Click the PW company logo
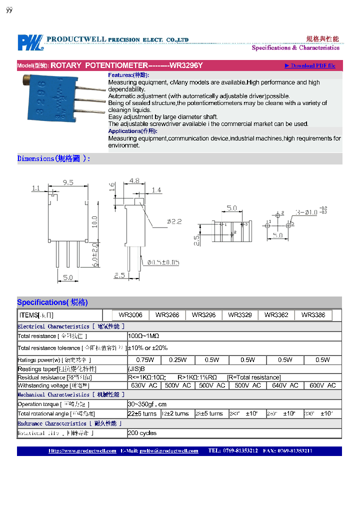pos(30,42)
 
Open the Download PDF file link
pos(310,65)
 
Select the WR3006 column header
pos(130,315)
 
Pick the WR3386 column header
pos(313,315)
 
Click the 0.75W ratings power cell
pos(145,360)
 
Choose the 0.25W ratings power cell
pos(177,360)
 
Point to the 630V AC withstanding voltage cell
pos(144,385)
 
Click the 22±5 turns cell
pos(142,413)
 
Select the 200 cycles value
pos(142,433)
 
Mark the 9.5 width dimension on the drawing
pos(68,183)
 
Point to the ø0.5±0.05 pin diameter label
pos(163,262)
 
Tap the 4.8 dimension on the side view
pos(134,180)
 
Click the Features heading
pos(128,75)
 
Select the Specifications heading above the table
pos(52,302)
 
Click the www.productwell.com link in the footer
pos(82,450)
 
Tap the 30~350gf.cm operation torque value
pos(147,404)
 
